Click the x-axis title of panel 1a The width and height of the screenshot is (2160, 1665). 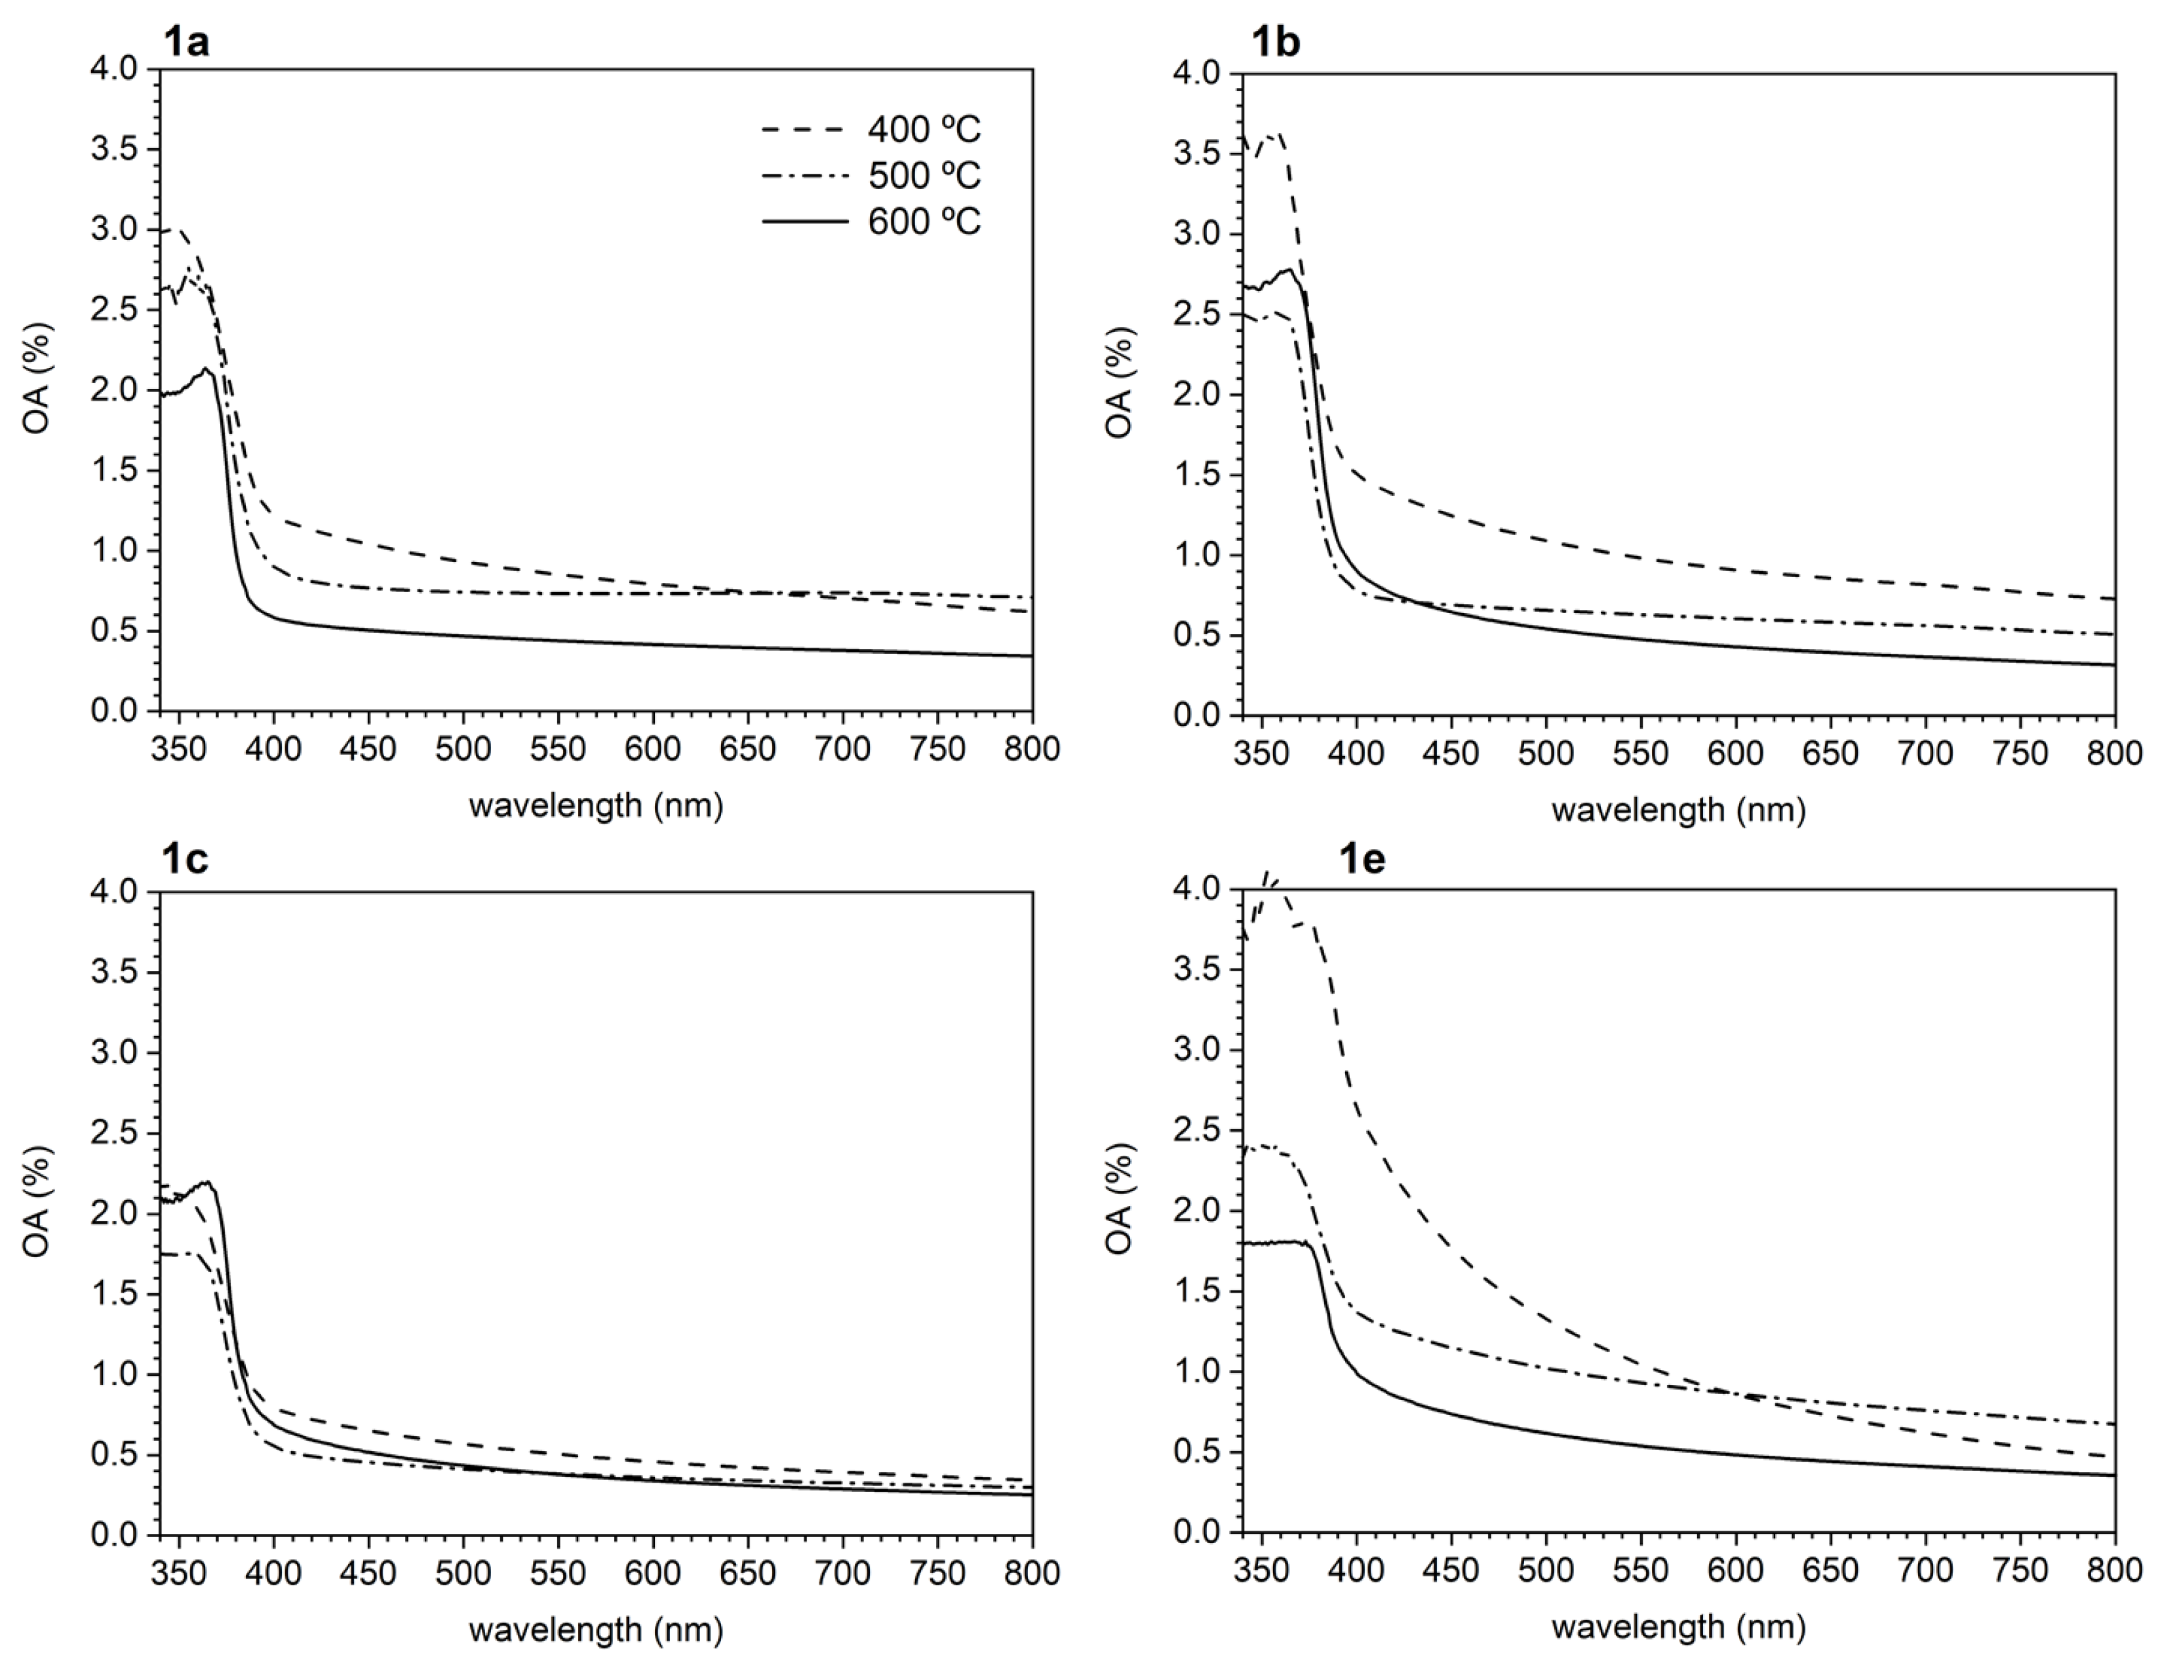pyautogui.click(x=595, y=807)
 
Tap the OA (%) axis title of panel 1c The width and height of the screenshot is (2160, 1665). pyautogui.click(x=37, y=1202)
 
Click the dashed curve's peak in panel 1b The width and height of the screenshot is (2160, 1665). pyautogui.click(x=1276, y=134)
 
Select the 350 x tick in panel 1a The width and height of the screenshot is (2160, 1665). pyautogui.click(x=178, y=749)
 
